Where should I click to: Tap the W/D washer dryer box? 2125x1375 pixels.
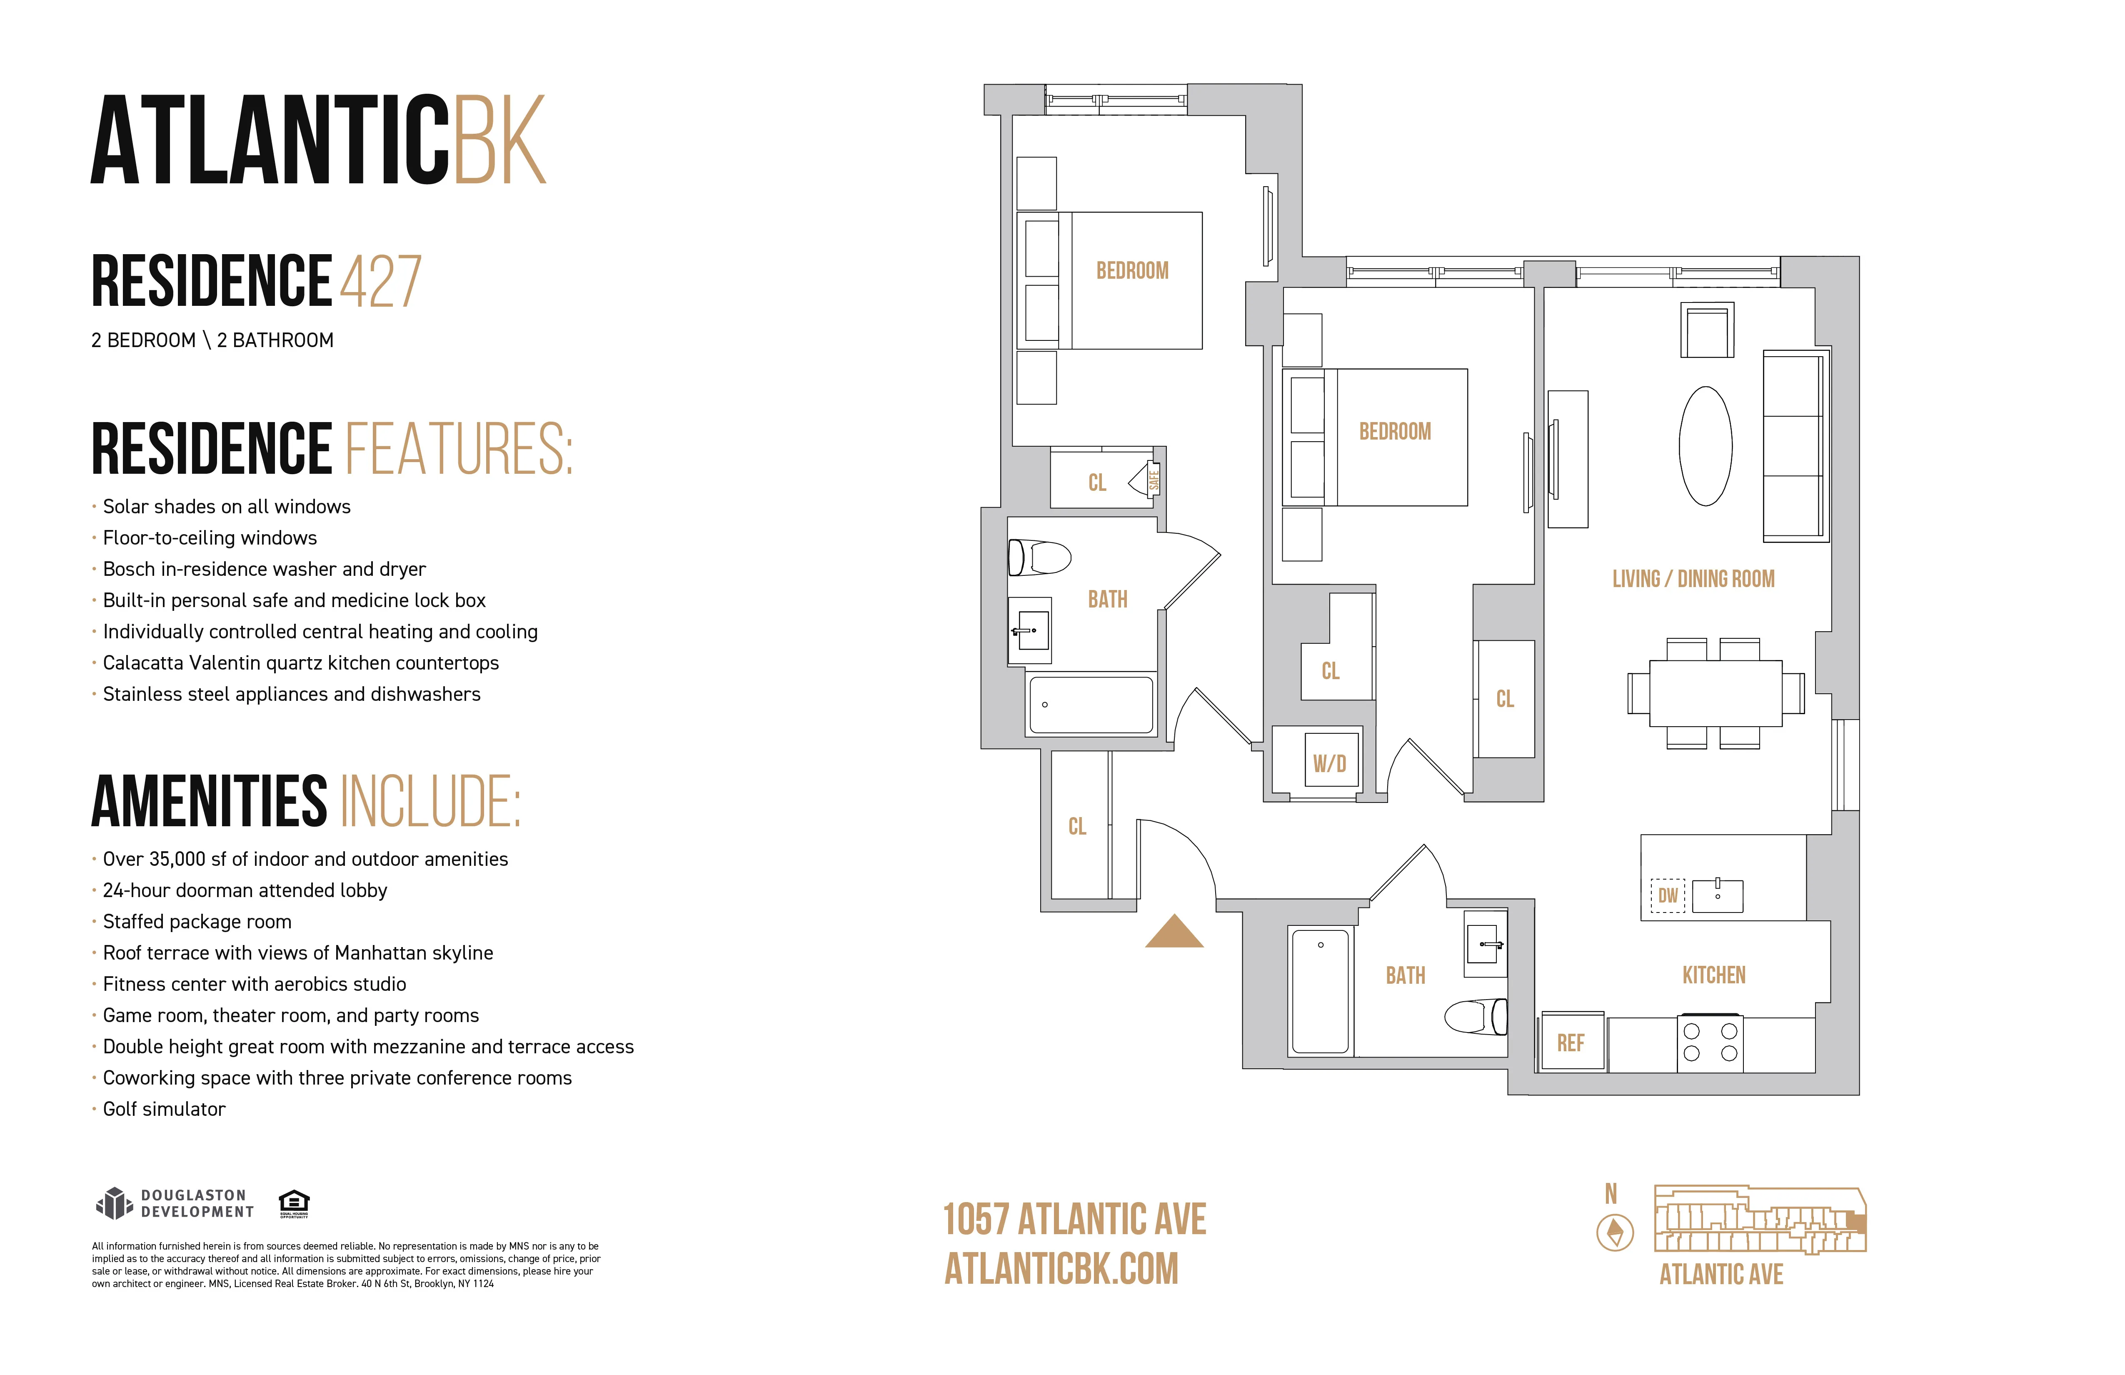[x=1330, y=761]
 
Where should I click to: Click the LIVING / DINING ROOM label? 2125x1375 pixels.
[x=1693, y=579]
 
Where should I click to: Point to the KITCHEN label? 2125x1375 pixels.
[x=1713, y=975]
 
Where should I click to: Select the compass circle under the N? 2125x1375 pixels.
[x=1615, y=1233]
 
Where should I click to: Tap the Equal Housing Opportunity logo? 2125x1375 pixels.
[x=294, y=1202]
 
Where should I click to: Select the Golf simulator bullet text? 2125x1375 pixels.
[x=164, y=1109]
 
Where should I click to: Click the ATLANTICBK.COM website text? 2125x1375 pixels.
[x=1061, y=1269]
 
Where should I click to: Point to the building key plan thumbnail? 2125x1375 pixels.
[x=1760, y=1220]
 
